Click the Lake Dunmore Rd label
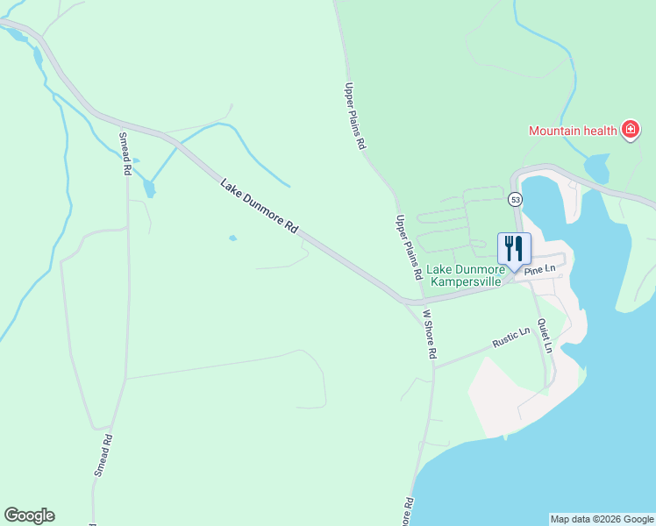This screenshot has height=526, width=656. tap(260, 206)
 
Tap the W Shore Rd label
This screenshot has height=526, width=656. tap(430, 334)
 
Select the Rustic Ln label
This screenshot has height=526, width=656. tap(512, 338)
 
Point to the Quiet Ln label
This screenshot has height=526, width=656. tap(546, 335)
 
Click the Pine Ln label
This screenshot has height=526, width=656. tap(540, 271)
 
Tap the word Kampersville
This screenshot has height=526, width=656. tap(466, 282)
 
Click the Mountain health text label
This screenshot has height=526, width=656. tap(574, 131)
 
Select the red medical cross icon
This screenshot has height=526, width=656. tap(629, 131)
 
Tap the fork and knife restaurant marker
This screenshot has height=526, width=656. tap(514, 247)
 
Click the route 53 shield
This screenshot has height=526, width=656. tap(516, 199)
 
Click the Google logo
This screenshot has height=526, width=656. tap(29, 515)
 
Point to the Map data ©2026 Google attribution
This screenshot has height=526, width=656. tap(602, 519)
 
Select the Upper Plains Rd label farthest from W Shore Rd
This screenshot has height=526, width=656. tap(353, 117)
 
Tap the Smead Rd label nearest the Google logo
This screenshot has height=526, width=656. tap(103, 455)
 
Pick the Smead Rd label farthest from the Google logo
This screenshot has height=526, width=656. tap(126, 153)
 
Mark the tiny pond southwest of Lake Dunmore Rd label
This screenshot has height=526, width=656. tap(232, 238)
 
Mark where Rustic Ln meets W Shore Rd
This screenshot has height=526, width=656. tap(435, 366)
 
